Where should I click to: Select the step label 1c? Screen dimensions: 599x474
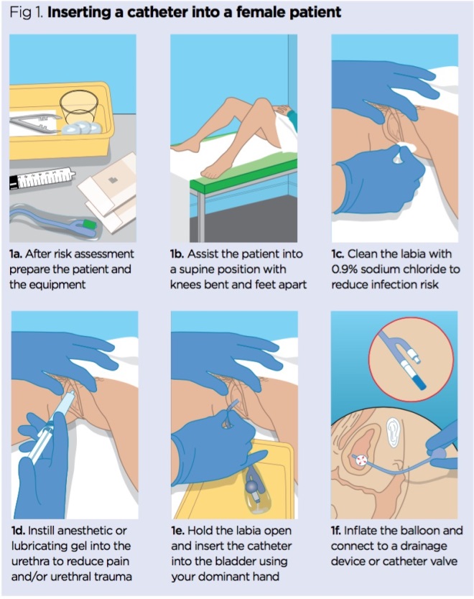(340, 254)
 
